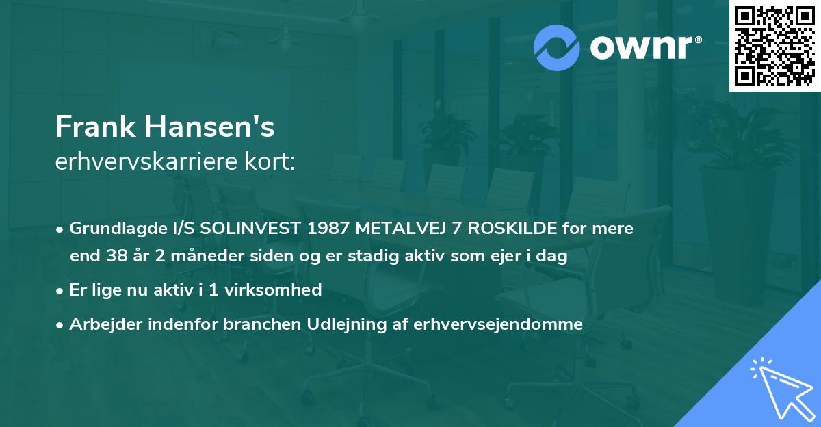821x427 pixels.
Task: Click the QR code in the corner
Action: pyautogui.click(x=774, y=46)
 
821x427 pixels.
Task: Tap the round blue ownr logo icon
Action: pyautogui.click(x=557, y=47)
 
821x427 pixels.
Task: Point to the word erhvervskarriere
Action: pyautogui.click(x=146, y=161)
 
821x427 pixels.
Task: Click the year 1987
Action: pyautogui.click(x=328, y=229)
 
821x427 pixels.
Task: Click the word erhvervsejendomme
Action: pyautogui.click(x=498, y=324)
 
